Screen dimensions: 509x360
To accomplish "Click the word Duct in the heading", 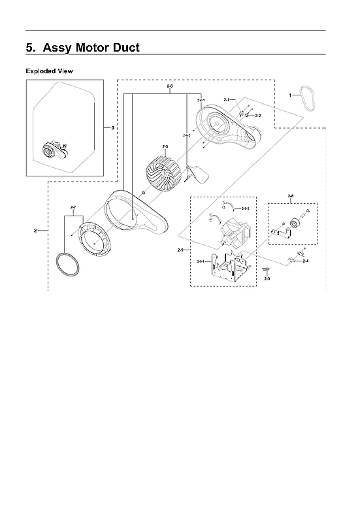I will pos(124,48).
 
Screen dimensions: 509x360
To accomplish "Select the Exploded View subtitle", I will pos(50,70).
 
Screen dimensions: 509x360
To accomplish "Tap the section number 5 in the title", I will pos(29,48).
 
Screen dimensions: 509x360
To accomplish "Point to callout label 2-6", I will pos(170,87).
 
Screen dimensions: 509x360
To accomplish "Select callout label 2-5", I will pos(165,146).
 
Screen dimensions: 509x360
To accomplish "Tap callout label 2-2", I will pos(258,116).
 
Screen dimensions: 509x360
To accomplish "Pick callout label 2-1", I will pos(225,99).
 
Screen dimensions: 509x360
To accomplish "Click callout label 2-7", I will pos(73,207).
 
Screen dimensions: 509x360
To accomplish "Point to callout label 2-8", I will pos(290,195).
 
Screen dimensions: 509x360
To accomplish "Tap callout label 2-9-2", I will pos(245,208).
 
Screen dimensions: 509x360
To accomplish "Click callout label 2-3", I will pos(267,279).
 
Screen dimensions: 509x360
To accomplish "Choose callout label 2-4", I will pos(305,261).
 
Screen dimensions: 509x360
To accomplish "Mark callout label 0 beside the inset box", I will pos(112,128).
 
